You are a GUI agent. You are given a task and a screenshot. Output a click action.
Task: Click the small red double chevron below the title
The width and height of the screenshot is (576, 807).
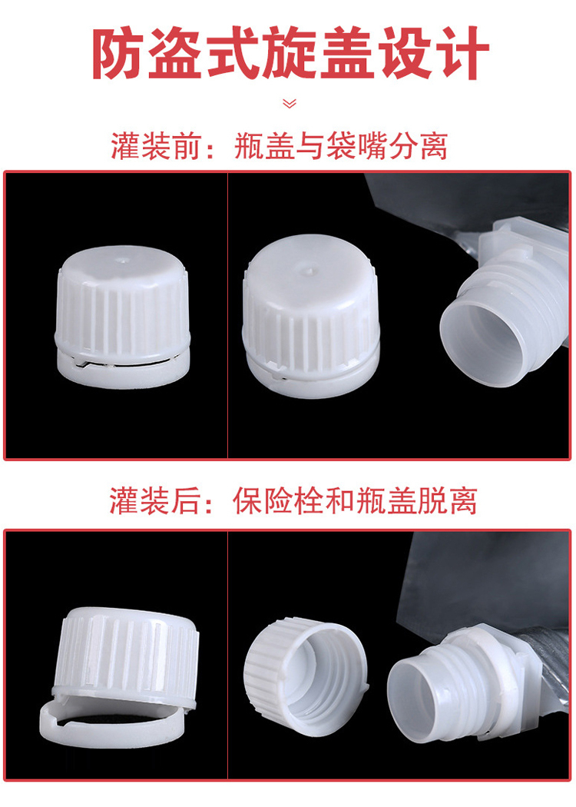290,104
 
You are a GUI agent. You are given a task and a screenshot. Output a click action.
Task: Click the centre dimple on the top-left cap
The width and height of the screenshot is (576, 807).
122,260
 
